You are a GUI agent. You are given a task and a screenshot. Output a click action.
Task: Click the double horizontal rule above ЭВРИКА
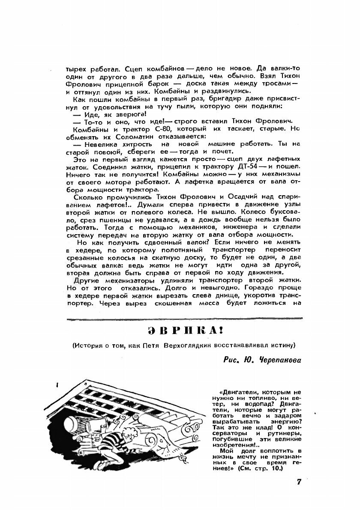(x=184, y=319)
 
